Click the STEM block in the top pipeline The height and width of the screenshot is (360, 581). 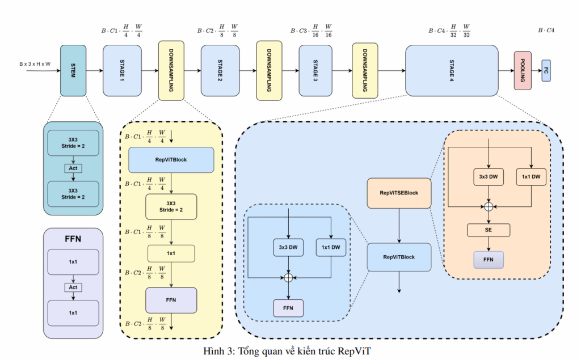point(73,70)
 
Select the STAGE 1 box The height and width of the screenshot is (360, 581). point(121,70)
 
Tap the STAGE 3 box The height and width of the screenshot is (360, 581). point(316,70)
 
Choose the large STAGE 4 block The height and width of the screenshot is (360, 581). point(452,70)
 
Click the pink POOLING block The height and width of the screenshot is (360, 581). point(523,70)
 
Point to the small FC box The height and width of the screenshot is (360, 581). point(546,70)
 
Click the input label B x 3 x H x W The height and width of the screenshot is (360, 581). point(35,64)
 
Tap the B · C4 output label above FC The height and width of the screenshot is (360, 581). point(546,29)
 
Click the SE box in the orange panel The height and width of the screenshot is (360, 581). point(489,230)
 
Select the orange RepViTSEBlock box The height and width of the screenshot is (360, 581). point(399,193)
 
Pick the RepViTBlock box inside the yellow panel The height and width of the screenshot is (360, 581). point(171,160)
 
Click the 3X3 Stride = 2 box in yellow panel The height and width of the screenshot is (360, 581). point(171,206)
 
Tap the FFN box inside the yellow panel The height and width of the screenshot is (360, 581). point(171,300)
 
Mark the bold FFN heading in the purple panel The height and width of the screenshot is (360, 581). point(73,239)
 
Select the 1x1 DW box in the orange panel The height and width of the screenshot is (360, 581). point(531,177)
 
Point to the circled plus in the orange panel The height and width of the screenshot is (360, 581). point(489,207)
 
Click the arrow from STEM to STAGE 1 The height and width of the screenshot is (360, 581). point(94,71)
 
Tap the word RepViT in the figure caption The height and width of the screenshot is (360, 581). point(355,350)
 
